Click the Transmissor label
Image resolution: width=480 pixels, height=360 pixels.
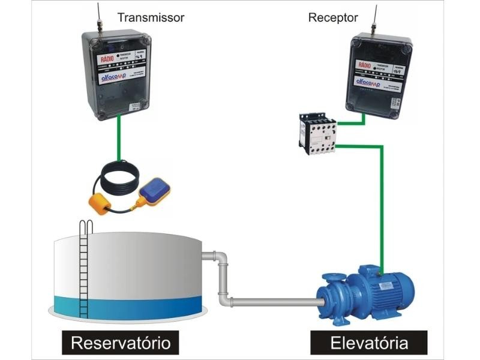click(150, 17)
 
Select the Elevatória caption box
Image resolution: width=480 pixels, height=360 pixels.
click(369, 344)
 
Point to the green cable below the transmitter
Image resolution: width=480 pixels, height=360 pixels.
click(119, 138)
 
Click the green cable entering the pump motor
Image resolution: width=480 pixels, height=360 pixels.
click(381, 252)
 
